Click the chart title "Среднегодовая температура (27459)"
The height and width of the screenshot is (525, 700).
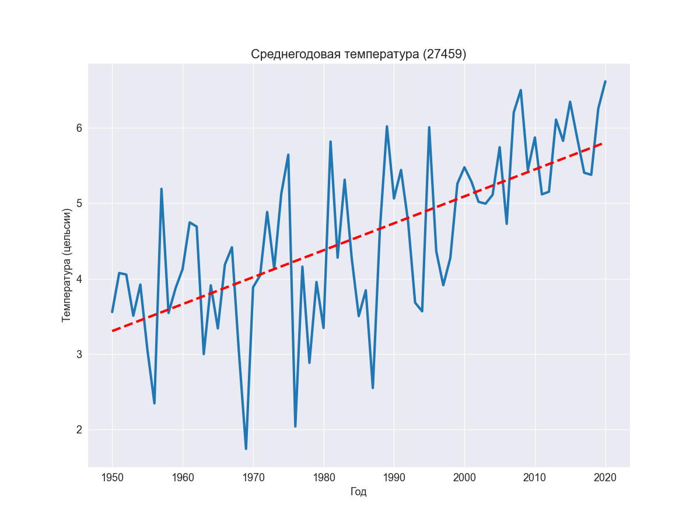(x=358, y=54)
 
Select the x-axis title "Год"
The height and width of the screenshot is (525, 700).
(x=358, y=492)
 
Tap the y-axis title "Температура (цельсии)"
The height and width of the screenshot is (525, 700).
(x=66, y=265)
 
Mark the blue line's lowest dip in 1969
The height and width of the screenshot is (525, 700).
(x=246, y=449)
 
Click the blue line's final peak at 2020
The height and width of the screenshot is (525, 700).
(x=605, y=82)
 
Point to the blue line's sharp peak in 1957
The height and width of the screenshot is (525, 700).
(x=162, y=189)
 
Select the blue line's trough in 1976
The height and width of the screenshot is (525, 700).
(x=295, y=426)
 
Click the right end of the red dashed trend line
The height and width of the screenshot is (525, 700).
(x=604, y=143)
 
